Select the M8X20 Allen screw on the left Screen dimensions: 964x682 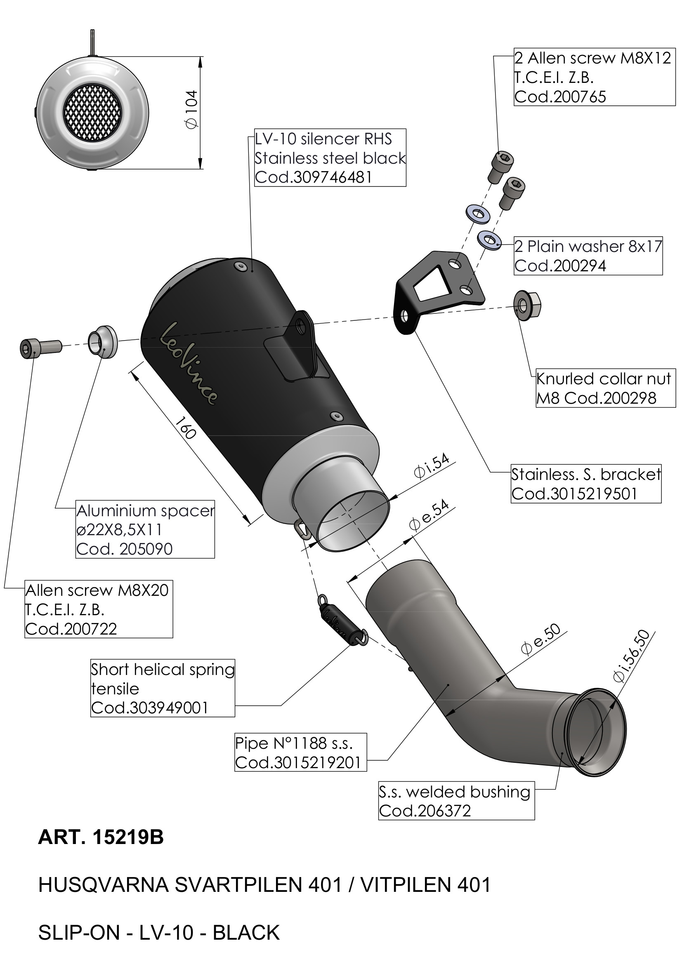click(x=40, y=348)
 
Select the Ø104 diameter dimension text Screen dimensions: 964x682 click(x=191, y=110)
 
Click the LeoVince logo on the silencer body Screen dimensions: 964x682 click(x=189, y=363)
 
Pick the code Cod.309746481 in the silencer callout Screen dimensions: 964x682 click(x=314, y=177)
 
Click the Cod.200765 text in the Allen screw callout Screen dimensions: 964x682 click(x=560, y=97)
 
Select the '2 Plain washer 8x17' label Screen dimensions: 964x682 click(x=588, y=247)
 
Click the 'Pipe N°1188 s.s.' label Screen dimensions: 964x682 click(x=294, y=743)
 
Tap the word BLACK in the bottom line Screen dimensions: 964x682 click(x=246, y=933)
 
